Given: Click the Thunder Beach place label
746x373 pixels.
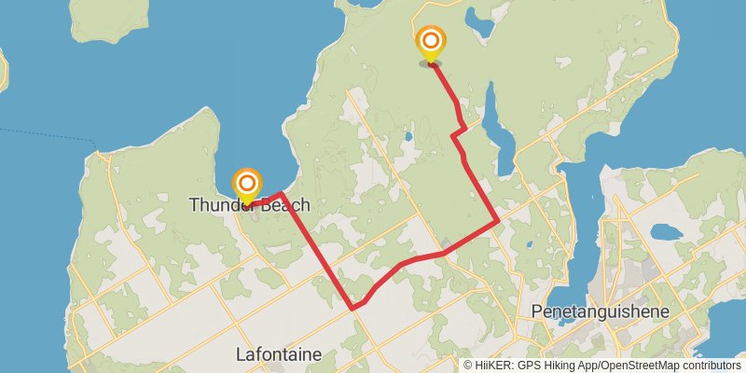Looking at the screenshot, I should pos(249,204).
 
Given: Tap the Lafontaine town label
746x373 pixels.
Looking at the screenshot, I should pos(279,354).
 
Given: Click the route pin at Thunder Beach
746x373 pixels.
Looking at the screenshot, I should pos(247,184).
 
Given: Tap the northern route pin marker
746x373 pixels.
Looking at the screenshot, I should pos(431,43).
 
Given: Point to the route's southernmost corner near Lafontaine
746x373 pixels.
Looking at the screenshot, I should pos(352,308).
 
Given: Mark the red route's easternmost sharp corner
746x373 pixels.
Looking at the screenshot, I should pos(497,222).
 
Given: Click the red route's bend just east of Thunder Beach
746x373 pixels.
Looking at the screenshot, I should pos(281,193).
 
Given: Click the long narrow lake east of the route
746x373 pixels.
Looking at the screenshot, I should pos(502,140).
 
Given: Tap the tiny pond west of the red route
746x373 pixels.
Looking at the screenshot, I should pos(408,137).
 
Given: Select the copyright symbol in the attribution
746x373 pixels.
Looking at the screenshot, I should pos(467,366).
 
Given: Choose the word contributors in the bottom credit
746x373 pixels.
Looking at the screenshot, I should pos(709,366).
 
